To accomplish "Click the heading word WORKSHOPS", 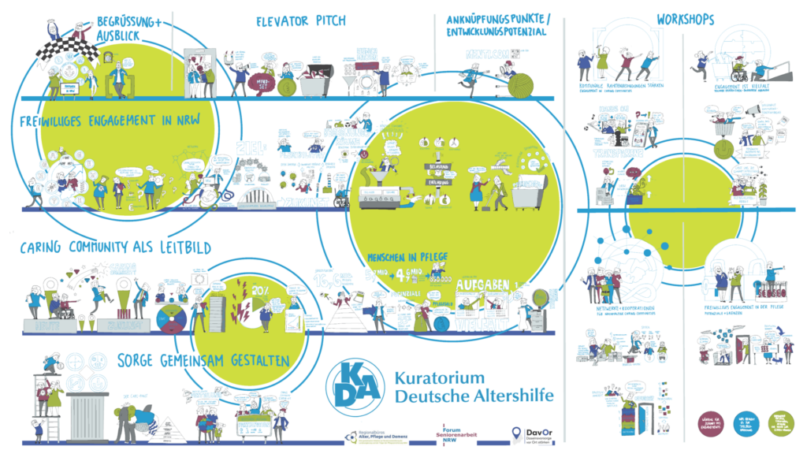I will click(x=686, y=18).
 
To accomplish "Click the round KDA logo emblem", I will click(x=352, y=384).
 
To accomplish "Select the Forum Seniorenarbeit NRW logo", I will click(x=459, y=434).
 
